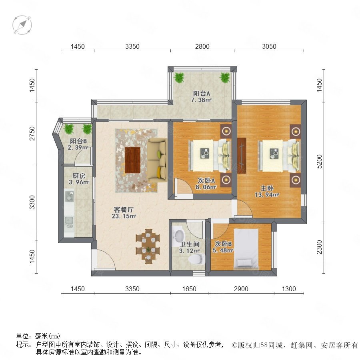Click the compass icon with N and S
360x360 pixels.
(x=22, y=25)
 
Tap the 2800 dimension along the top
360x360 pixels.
(x=202, y=46)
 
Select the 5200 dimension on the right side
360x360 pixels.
(x=319, y=162)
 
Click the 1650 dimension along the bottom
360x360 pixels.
(x=189, y=289)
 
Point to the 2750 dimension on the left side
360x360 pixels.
(x=32, y=133)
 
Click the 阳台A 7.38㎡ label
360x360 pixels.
(x=201, y=97)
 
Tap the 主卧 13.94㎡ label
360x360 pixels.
(x=267, y=192)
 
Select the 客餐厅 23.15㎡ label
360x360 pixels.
(x=124, y=213)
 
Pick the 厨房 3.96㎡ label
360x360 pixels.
(x=79, y=179)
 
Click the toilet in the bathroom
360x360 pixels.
(x=196, y=259)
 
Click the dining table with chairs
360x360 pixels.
(x=148, y=246)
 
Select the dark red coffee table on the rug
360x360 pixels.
(x=133, y=160)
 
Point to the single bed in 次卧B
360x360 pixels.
(x=246, y=249)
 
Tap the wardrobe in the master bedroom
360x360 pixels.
(x=242, y=156)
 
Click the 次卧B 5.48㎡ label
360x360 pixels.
(x=223, y=247)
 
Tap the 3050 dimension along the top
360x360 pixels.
(x=269, y=46)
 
